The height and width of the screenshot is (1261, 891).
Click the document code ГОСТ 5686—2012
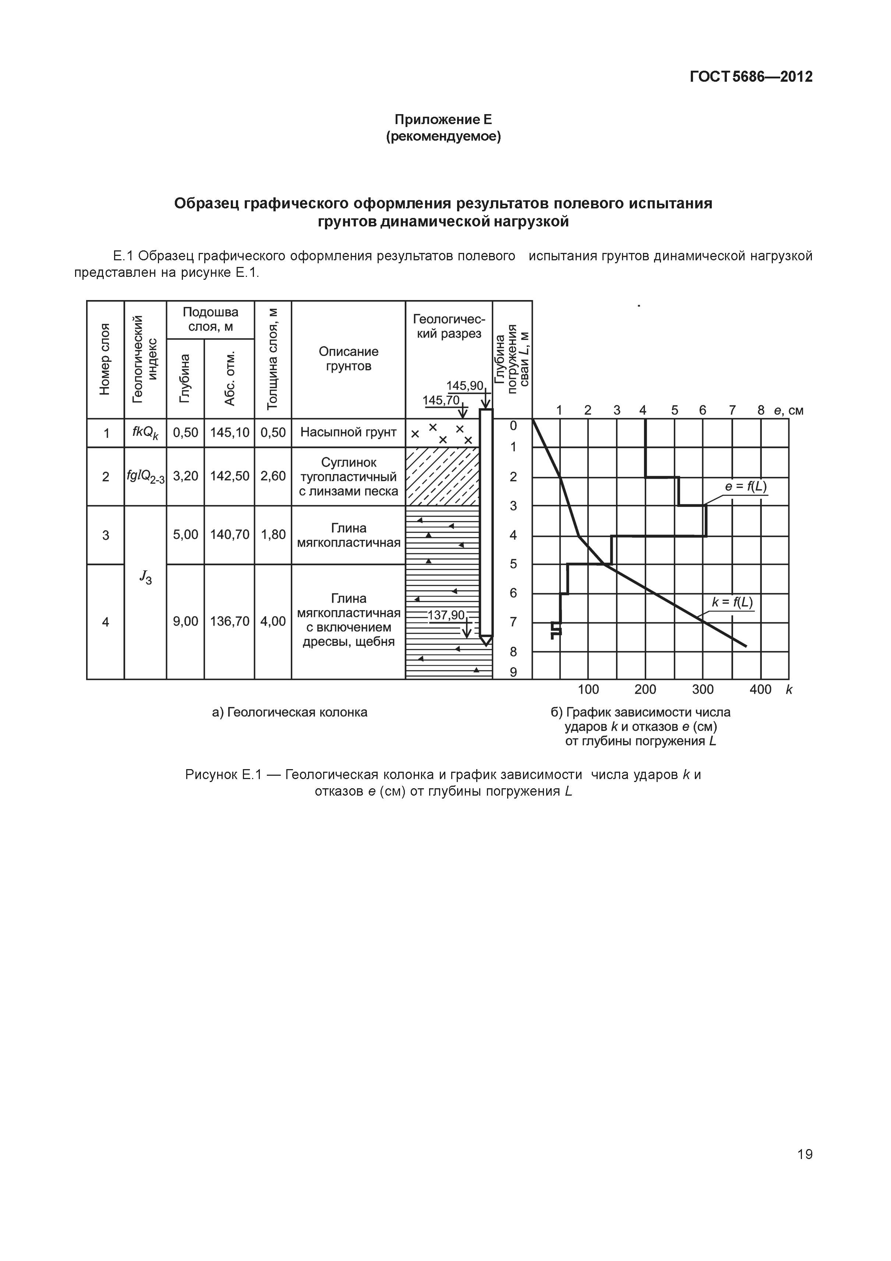(x=750, y=77)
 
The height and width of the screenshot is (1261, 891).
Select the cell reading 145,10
(x=229, y=433)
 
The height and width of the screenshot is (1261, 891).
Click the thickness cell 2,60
(x=273, y=476)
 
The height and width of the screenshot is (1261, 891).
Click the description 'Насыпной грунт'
(x=348, y=433)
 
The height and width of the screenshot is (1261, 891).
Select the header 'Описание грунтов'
(x=348, y=359)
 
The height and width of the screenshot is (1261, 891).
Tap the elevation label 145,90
(x=464, y=385)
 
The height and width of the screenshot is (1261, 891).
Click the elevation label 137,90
(x=446, y=615)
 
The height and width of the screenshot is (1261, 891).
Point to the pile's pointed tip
(x=486, y=641)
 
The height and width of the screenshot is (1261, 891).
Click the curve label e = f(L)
(x=746, y=487)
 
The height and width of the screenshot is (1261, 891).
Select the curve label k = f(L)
(x=732, y=602)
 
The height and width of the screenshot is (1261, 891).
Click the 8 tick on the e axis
(x=761, y=410)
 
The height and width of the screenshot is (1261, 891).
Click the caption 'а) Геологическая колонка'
(x=289, y=712)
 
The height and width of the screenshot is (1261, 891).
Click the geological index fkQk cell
(x=145, y=433)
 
